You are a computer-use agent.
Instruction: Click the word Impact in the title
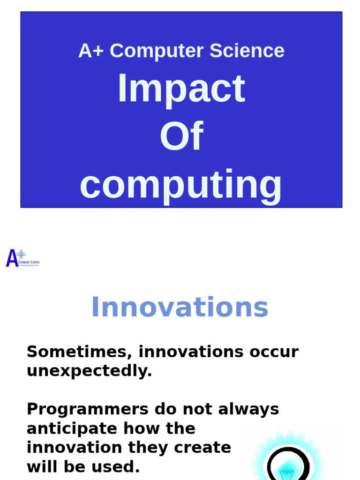pos(180,89)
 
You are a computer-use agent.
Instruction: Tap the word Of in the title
pos(181,136)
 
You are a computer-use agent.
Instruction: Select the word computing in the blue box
pos(180,185)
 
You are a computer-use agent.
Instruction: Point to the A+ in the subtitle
pos(91,51)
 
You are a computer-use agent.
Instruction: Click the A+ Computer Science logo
pos(22,258)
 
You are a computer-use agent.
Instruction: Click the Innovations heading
pos(180,307)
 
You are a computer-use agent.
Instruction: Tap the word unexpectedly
pos(89,371)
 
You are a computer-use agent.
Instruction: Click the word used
pos(120,467)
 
